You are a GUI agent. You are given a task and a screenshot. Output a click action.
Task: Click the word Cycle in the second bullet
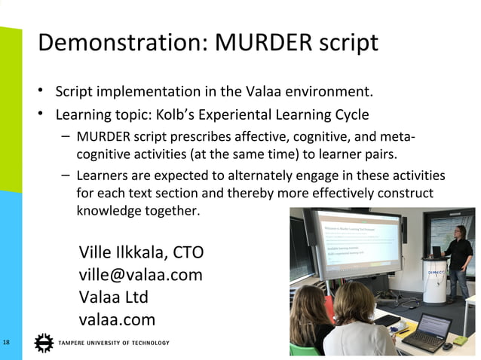(x=348, y=115)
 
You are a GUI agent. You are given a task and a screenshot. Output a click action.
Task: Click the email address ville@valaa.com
(x=140, y=274)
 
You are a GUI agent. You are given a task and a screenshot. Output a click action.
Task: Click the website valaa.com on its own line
(x=117, y=319)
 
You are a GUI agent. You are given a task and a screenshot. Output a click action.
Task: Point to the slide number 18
(x=7, y=343)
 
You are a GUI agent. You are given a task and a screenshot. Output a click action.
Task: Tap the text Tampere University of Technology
(x=114, y=343)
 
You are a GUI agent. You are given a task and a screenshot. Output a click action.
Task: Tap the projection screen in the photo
(x=360, y=249)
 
